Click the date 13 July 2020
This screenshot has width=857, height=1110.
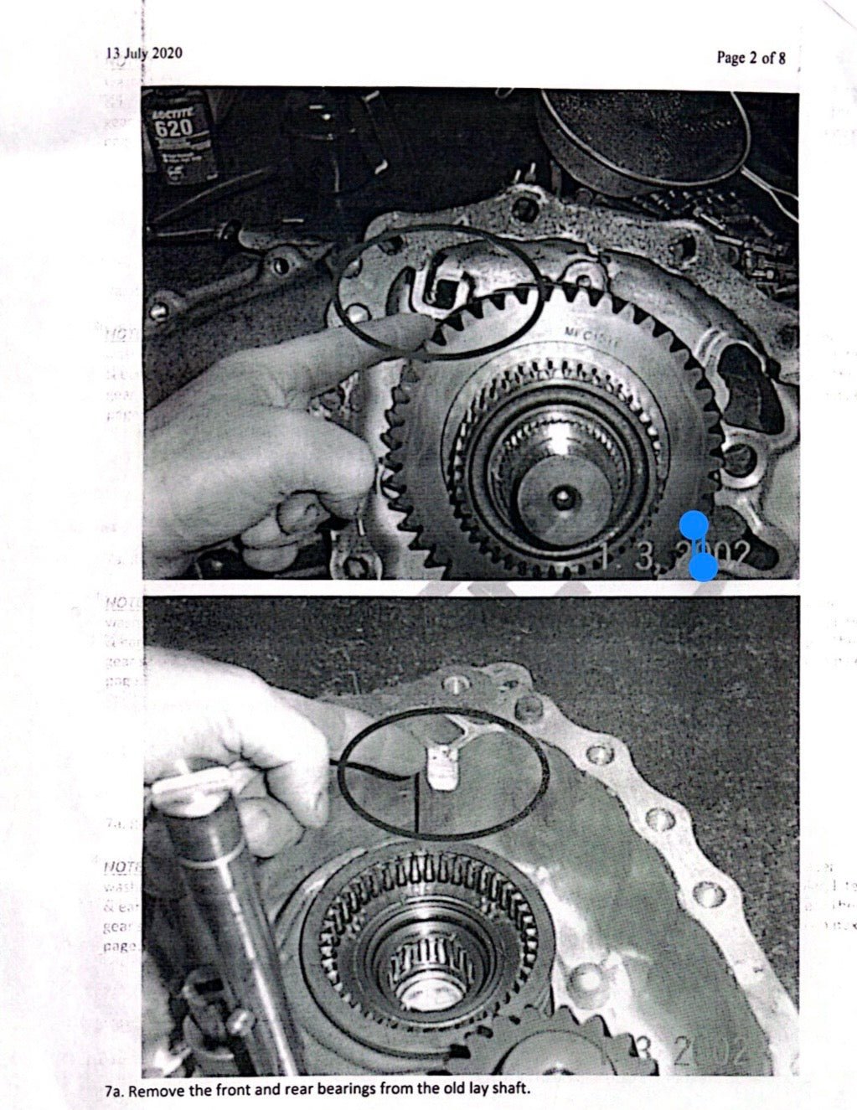click(x=143, y=54)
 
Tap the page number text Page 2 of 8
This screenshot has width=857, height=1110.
click(x=751, y=57)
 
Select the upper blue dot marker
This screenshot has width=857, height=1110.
click(x=693, y=524)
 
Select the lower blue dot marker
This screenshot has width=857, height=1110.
click(x=704, y=567)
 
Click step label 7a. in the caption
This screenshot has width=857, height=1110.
click(x=116, y=1091)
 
